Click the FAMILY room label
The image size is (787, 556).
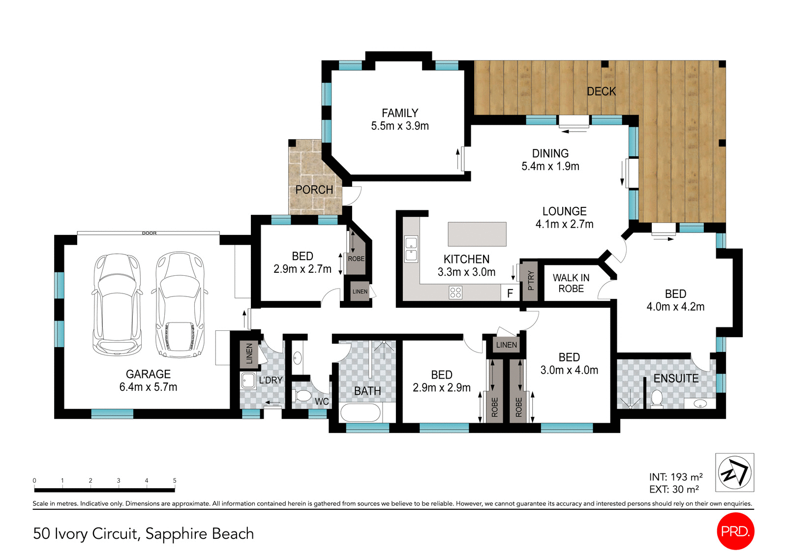click(x=399, y=113)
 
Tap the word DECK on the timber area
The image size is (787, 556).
click(x=601, y=91)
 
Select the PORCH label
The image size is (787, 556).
click(x=314, y=190)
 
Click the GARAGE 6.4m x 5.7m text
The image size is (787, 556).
click(x=148, y=380)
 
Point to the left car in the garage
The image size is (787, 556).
click(x=117, y=304)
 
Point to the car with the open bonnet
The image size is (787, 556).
click(x=180, y=304)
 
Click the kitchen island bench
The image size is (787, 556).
click(x=477, y=234)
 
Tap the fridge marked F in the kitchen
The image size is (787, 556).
click(x=510, y=293)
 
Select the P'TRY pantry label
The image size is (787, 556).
click(x=530, y=281)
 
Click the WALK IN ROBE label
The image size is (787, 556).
click(x=571, y=284)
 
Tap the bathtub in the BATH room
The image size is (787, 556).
click(x=361, y=413)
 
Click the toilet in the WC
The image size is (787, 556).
click(x=302, y=396)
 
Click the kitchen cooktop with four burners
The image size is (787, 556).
click(x=455, y=293)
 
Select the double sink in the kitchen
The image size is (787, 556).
click(x=411, y=249)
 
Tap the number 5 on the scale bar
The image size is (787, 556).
click(x=175, y=480)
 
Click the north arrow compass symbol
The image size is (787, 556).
click(x=734, y=472)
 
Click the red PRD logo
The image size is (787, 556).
click(x=735, y=531)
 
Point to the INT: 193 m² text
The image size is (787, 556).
click(x=675, y=477)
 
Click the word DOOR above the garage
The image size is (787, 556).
click(x=149, y=233)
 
